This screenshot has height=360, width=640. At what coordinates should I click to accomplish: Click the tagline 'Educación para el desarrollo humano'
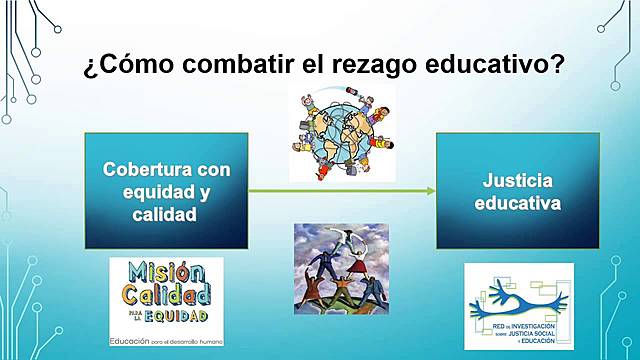click(166, 341)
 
